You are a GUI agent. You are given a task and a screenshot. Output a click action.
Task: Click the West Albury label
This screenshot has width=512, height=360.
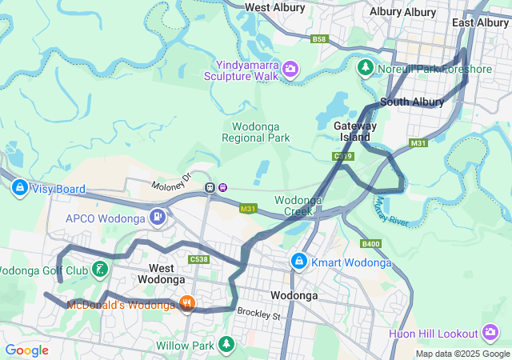[274, 7]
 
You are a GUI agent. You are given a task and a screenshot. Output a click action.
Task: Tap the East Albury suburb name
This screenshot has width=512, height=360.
[481, 22]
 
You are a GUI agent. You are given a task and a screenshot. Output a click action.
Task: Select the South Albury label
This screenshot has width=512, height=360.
[412, 102]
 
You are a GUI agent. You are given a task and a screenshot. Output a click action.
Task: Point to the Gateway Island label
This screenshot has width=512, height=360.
[355, 131]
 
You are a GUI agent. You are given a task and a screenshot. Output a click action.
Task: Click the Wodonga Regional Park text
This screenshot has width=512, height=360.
[255, 132]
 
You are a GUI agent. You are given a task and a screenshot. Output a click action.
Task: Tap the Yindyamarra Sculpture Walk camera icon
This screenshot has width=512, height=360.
[289, 70]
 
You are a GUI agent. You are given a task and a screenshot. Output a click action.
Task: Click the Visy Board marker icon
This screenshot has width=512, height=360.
[18, 189]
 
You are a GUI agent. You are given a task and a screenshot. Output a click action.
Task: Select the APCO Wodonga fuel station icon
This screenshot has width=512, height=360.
[158, 217]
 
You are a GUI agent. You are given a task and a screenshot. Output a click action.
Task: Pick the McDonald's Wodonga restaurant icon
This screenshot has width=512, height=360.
[186, 303]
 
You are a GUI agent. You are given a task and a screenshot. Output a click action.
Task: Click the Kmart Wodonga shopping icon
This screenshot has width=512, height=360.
[298, 262]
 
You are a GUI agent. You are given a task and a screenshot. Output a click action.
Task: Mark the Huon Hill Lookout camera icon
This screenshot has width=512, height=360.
[490, 333]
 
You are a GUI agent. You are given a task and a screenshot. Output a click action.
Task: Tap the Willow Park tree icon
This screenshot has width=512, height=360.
[227, 346]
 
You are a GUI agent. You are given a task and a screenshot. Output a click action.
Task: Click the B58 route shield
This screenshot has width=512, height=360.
[320, 38]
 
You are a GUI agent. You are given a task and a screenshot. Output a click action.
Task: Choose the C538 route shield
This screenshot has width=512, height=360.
[199, 259]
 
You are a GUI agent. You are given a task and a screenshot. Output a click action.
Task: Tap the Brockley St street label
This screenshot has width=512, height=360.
[260, 315]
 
